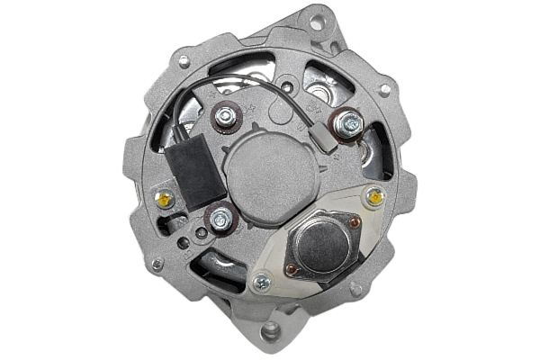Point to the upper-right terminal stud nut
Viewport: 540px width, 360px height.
coord(348,122)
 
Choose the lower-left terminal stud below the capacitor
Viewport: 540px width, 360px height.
coord(220,217)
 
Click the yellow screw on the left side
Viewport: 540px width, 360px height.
coord(165,199)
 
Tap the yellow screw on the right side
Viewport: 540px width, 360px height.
coord(374,195)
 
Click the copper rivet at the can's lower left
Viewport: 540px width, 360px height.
coord(290,267)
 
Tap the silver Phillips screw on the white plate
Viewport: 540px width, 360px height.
coord(261,283)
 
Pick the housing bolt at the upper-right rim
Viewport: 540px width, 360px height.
coord(384,90)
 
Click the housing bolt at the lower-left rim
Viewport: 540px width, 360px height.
coord(158,265)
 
